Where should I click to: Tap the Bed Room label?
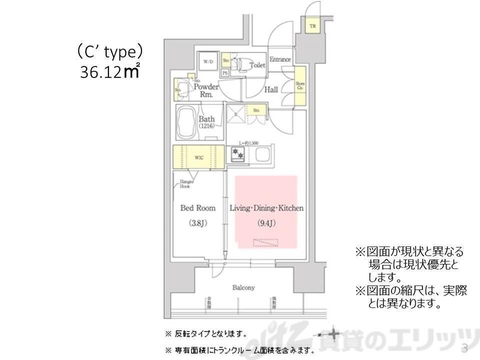point(198,208)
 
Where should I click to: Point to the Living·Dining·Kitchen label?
point(266,208)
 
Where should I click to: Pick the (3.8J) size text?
point(198,223)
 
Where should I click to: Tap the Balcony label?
point(243,287)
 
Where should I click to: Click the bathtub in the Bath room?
point(187,122)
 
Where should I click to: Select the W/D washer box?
point(207,62)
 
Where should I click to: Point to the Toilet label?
point(257,65)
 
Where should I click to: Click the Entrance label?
point(280,59)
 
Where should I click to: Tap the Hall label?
point(271,89)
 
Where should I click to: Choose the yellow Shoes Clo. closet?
point(300,86)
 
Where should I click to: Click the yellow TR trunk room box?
point(312,25)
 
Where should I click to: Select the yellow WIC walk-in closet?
point(198,157)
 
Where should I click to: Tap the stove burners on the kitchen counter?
point(236,155)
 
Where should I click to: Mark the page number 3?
point(464,348)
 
